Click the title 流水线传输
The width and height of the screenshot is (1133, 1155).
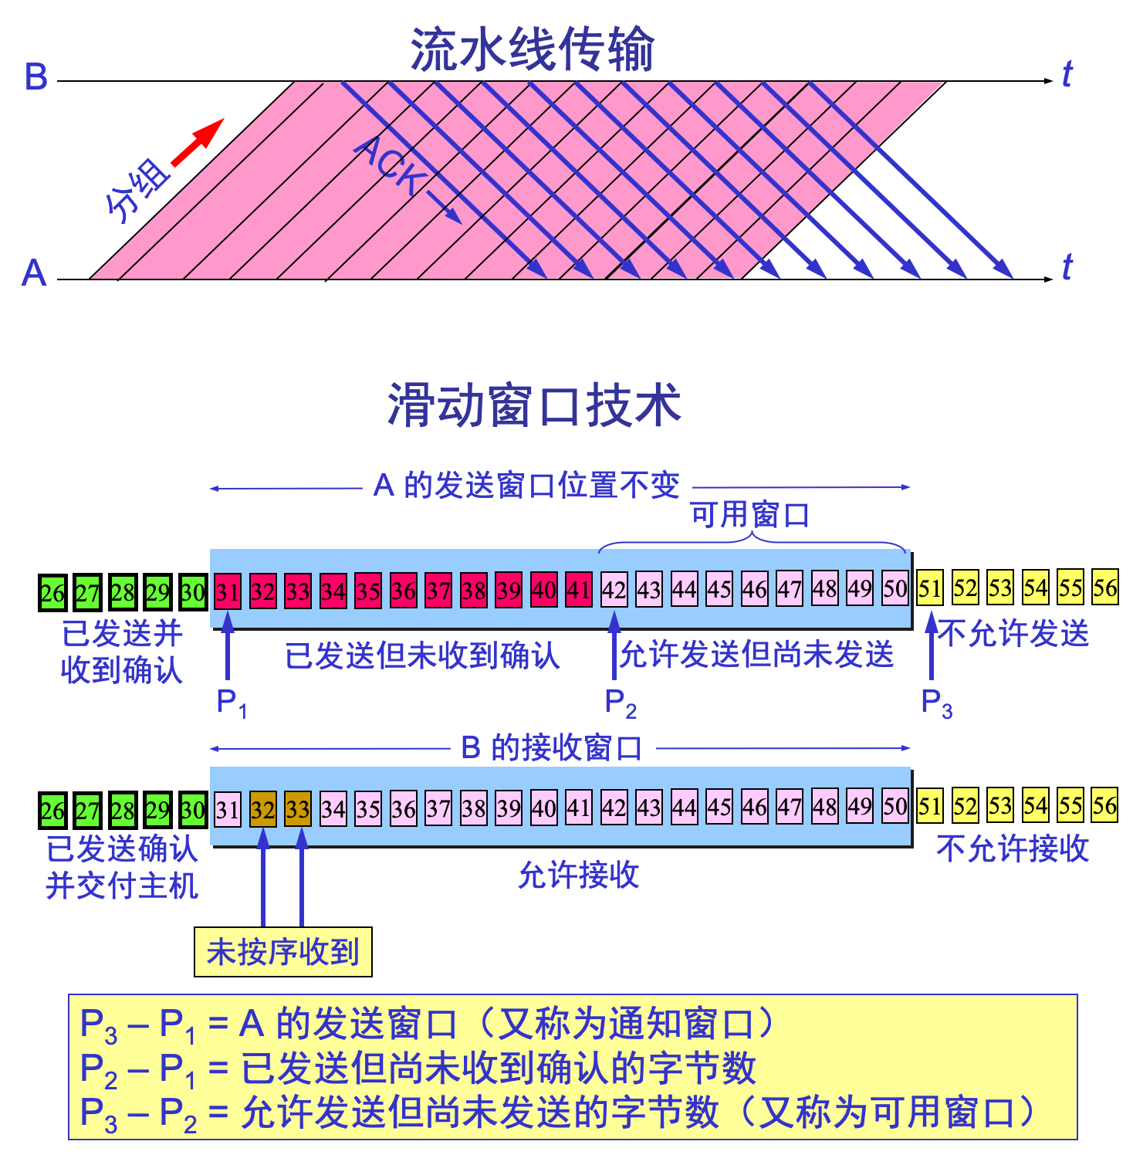point(532,49)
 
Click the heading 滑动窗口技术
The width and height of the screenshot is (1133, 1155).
point(534,405)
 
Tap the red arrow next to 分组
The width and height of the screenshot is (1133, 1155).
point(198,143)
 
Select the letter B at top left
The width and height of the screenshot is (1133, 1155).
point(36,77)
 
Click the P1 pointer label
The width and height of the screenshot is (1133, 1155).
point(230,702)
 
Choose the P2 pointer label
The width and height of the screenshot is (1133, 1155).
point(620,703)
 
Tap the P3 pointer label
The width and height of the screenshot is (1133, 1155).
point(936,703)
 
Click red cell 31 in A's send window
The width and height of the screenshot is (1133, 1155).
point(228,591)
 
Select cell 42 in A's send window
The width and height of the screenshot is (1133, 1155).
point(614,590)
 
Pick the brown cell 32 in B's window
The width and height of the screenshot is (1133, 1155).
point(263,809)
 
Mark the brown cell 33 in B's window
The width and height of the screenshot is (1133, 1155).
point(298,809)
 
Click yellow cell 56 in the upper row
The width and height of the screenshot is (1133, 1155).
point(1105,588)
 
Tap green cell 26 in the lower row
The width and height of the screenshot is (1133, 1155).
point(52,811)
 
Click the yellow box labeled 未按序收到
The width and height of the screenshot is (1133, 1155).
point(283,952)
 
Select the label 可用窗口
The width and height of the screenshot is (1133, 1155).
point(750,514)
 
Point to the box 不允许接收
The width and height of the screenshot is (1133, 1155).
point(1013,848)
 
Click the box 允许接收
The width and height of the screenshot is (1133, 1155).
point(578,874)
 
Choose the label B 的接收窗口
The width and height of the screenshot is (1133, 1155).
point(553,747)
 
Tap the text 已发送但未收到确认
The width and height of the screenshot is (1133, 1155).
point(422,655)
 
